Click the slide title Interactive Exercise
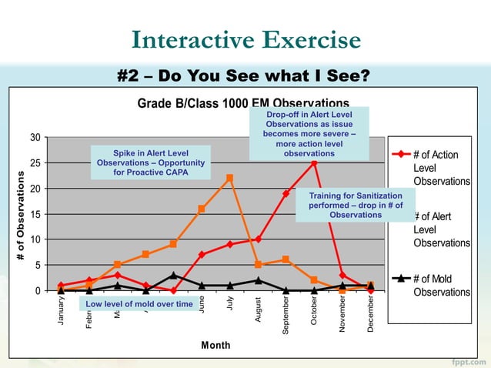pos(245,40)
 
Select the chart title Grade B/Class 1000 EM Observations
pos(231,103)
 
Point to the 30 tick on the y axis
pos(35,138)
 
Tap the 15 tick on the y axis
pos(35,214)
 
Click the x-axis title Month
pos(215,345)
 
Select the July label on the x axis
pos(230,304)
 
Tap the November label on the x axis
pos(342,313)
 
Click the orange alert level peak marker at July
pos(229,179)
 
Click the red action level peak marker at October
pos(314,163)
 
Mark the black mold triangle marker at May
pos(174,275)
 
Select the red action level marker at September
pos(286,194)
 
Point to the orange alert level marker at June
pos(202,209)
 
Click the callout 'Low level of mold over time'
pos(139,304)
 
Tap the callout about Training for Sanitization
pos(355,205)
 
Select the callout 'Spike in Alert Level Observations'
pos(151,162)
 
